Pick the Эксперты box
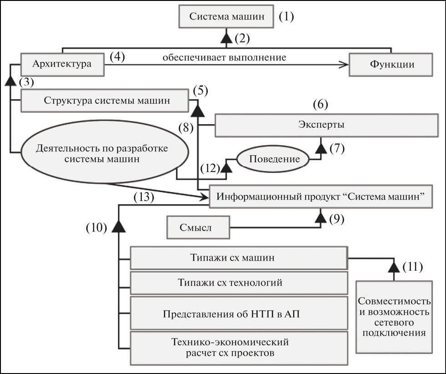[326, 125]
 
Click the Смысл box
[198, 227]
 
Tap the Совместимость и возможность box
[394, 317]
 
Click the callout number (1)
[286, 17]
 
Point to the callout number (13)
[145, 197]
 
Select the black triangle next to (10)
[119, 226]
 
